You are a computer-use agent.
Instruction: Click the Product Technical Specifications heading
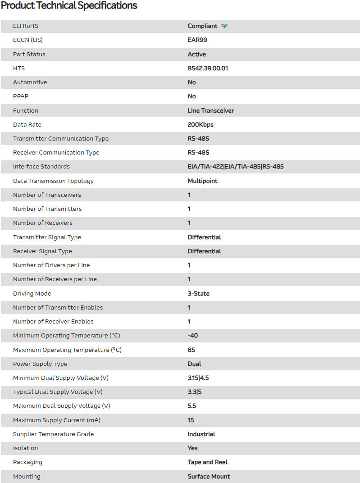[x=69, y=6]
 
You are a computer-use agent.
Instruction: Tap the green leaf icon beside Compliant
[x=224, y=26]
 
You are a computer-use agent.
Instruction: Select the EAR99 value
[x=197, y=40]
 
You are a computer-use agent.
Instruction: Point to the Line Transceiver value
[x=211, y=110]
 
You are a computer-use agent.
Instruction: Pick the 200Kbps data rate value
[x=201, y=124]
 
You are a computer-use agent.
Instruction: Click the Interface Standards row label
[x=41, y=167]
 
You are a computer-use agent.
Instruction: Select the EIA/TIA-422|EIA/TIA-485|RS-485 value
[x=236, y=167]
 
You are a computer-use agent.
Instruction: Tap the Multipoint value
[x=203, y=181]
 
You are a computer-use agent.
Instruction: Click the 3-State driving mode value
[x=199, y=293]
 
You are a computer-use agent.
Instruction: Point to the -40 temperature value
[x=193, y=336]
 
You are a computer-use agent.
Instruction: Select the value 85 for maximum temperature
[x=191, y=350]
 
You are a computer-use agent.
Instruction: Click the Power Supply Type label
[x=40, y=364]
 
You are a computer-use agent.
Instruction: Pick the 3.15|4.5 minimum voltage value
[x=198, y=378]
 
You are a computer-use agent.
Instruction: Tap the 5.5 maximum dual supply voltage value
[x=192, y=406]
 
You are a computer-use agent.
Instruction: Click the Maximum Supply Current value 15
[x=191, y=420]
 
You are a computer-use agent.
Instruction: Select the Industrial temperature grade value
[x=201, y=434]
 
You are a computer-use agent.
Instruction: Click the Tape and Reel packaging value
[x=208, y=462]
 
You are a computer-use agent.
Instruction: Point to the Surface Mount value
[x=209, y=476]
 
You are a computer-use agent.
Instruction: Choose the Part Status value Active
[x=197, y=54]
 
